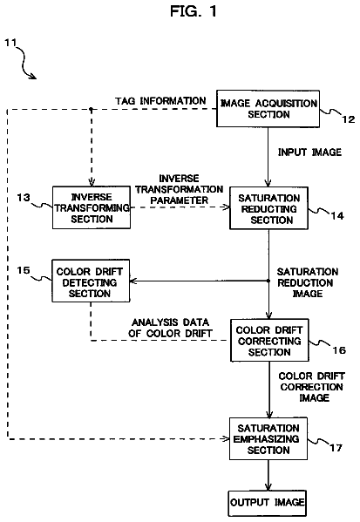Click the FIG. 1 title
tap(194, 11)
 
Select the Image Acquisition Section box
tap(268, 109)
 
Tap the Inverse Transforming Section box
tap(92, 207)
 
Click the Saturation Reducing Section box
tap(268, 208)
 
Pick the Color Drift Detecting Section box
tap(91, 281)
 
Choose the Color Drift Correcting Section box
tap(269, 340)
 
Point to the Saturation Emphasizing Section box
tap(268, 438)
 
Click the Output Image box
tap(268, 503)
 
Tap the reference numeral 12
tap(349, 119)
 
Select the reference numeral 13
tap(24, 198)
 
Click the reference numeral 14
tap(337, 216)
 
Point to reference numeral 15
tap(24, 270)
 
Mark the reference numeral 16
tap(339, 350)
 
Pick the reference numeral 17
tap(336, 448)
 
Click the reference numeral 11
tap(10, 43)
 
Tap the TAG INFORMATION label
tap(160, 101)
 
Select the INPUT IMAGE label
tap(309, 153)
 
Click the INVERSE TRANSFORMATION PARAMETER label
tap(180, 189)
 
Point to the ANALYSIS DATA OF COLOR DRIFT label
tap(170, 328)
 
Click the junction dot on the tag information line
tap(92, 109)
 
